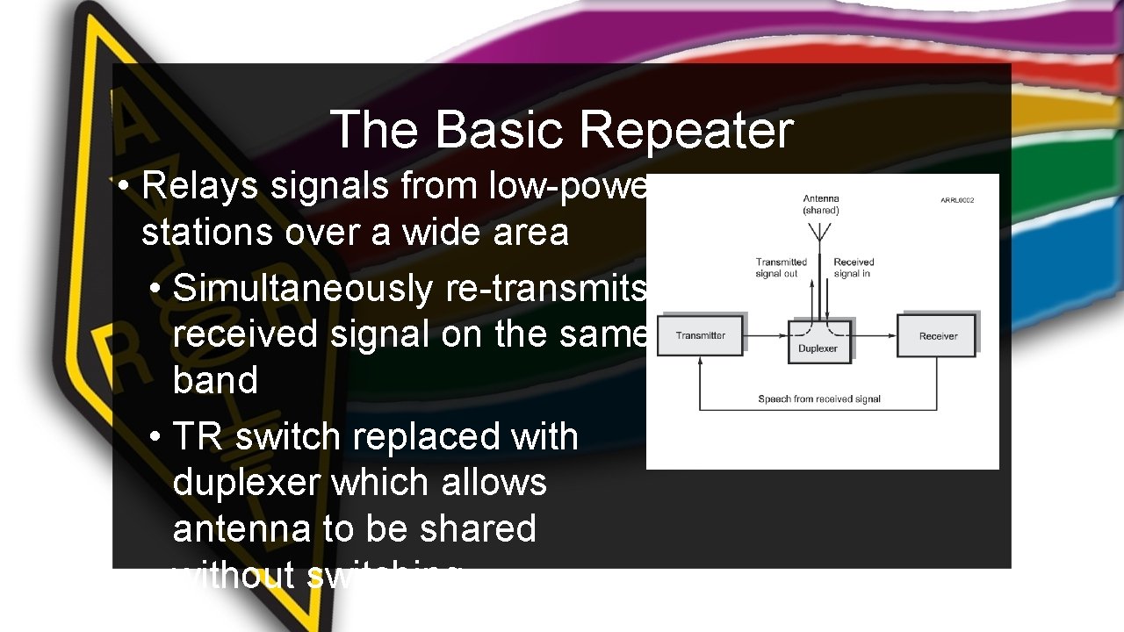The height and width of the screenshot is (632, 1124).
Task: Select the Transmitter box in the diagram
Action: pyautogui.click(x=701, y=336)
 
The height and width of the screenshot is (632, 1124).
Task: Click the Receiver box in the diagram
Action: pyautogui.click(x=937, y=336)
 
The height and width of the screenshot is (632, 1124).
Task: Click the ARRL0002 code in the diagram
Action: pyautogui.click(x=957, y=201)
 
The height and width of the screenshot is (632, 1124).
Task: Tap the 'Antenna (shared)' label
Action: pyautogui.click(x=821, y=205)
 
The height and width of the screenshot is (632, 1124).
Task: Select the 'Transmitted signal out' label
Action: pyautogui.click(x=781, y=268)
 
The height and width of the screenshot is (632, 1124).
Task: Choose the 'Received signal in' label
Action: pyautogui.click(x=854, y=268)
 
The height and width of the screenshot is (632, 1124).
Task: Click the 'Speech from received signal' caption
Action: pyautogui.click(x=818, y=399)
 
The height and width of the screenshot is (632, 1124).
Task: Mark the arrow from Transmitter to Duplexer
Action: pyautogui.click(x=767, y=336)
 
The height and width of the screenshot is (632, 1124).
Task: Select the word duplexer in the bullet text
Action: pyautogui.click(x=235, y=482)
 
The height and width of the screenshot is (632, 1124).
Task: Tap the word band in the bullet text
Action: pyautogui.click(x=215, y=381)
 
